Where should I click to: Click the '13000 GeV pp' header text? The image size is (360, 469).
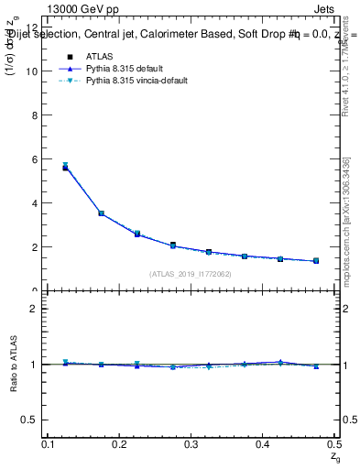(x=87, y=11)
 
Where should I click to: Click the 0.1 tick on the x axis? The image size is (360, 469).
(x=50, y=444)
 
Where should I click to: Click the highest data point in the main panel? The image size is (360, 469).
(x=65, y=167)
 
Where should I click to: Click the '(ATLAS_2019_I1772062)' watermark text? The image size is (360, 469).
(x=191, y=273)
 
